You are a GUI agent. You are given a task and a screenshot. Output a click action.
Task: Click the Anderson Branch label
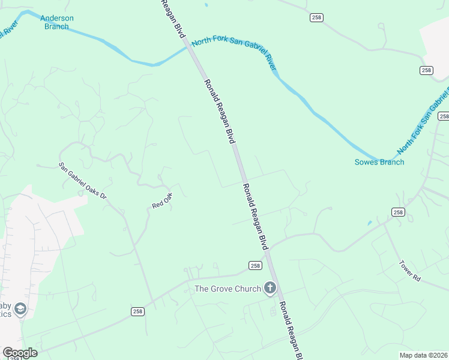57,22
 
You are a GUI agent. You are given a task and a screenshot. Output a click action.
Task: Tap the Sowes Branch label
379,162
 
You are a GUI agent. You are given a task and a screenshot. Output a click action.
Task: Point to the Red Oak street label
162,200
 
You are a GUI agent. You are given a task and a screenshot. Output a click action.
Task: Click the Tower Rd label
411,271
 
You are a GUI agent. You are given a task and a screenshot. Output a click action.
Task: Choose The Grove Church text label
228,289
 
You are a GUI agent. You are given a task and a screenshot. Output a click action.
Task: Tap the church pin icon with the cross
270,289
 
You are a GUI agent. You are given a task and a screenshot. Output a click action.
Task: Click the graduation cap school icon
20,309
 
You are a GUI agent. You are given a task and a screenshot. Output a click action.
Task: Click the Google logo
20,353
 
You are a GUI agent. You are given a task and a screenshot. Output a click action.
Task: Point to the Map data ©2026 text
423,355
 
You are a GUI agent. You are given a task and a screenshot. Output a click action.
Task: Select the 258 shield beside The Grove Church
255,265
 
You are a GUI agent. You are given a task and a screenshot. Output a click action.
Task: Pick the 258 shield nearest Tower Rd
398,212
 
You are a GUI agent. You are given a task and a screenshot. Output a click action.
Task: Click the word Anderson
57,18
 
